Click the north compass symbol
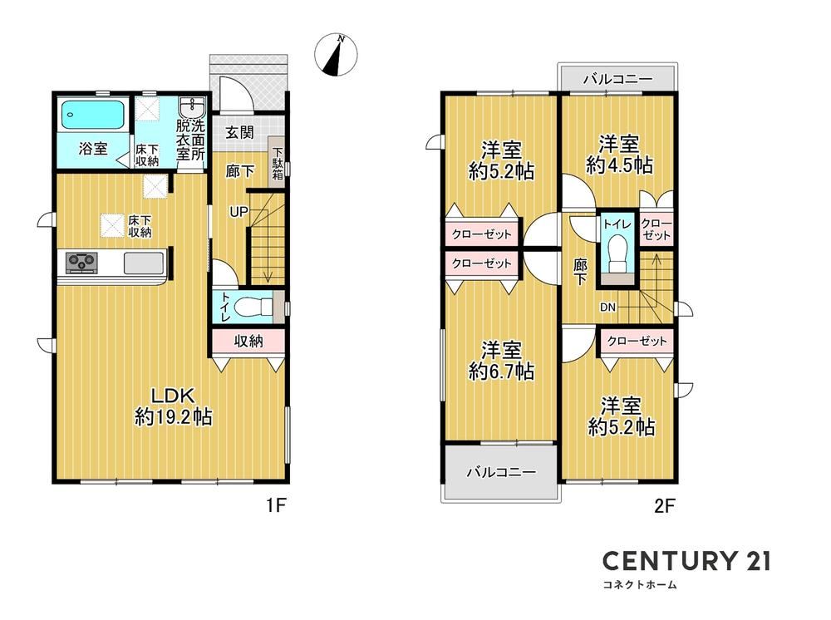[x=336, y=55]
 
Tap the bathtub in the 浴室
[x=93, y=115]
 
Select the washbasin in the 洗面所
[x=191, y=108]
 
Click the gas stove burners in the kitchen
[x=81, y=263]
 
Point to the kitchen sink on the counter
[x=144, y=263]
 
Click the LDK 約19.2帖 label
[x=174, y=406]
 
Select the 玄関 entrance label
[x=239, y=132]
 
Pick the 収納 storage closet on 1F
[x=248, y=342]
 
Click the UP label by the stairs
[x=238, y=212]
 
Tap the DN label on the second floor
[x=608, y=307]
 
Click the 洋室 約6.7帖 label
[x=501, y=361]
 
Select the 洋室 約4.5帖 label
[x=619, y=155]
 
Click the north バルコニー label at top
[x=618, y=80]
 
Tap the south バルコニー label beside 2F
[x=501, y=471]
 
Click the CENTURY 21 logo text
[x=686, y=561]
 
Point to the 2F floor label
[x=665, y=505]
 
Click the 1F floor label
[x=276, y=505]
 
